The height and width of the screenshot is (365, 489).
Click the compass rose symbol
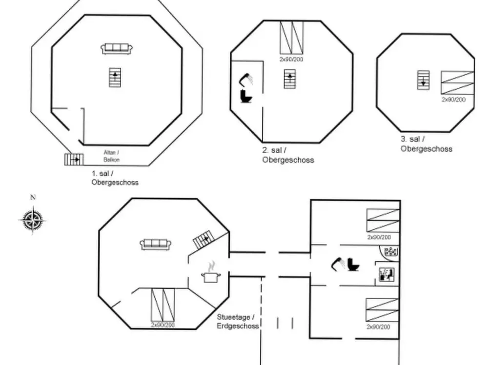32,220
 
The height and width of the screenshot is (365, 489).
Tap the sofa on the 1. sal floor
117,48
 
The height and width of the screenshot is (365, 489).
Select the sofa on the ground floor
156,244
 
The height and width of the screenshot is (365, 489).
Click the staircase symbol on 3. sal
423,80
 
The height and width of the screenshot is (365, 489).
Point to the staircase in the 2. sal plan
290,79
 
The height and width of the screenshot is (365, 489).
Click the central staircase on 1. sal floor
115,78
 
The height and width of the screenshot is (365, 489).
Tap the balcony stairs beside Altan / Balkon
74,159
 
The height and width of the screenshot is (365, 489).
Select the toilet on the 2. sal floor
246,96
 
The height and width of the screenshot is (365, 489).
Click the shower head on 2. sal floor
246,79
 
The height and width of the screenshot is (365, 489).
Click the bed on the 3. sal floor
457,82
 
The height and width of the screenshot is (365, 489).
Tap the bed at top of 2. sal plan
291,38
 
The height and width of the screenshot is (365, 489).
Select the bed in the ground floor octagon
163,305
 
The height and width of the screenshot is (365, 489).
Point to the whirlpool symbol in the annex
391,252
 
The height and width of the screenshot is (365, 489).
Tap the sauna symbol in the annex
387,275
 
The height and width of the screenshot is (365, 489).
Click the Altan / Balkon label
112,156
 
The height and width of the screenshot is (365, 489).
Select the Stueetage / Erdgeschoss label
238,321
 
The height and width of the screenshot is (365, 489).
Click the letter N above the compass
33,198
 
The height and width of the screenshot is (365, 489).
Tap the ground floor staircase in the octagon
204,240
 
